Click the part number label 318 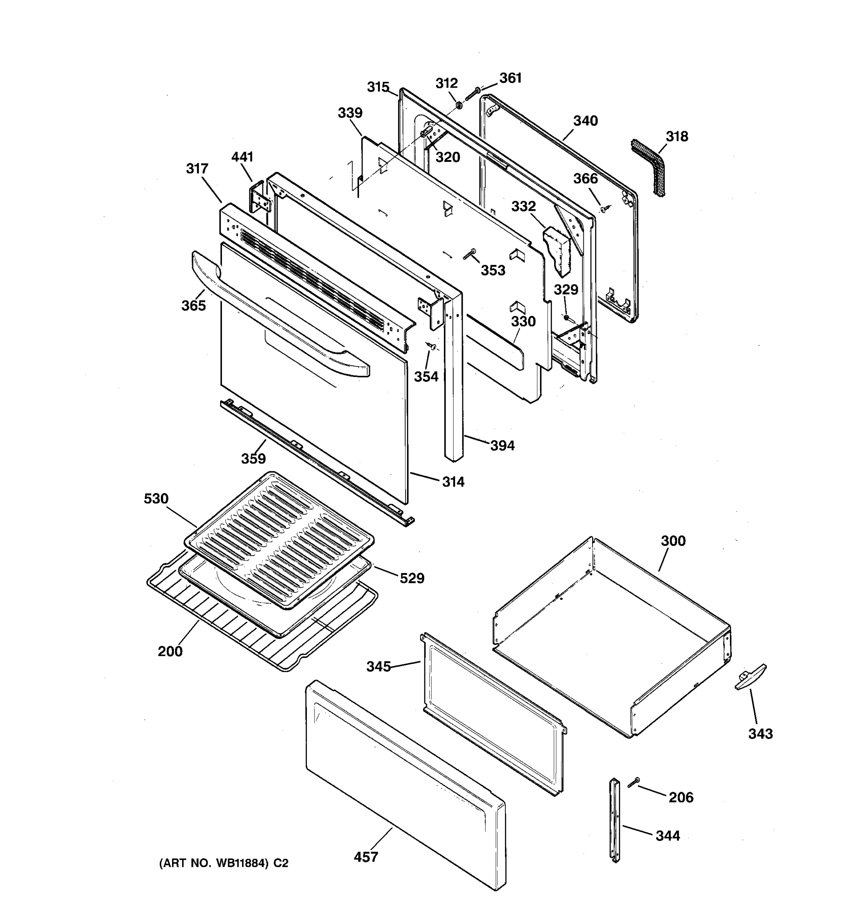(677, 137)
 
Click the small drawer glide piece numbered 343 (750, 678)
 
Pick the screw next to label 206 (634, 782)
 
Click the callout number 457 (366, 857)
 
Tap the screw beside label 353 (470, 254)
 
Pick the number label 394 (502, 446)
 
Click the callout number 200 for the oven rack (170, 651)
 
